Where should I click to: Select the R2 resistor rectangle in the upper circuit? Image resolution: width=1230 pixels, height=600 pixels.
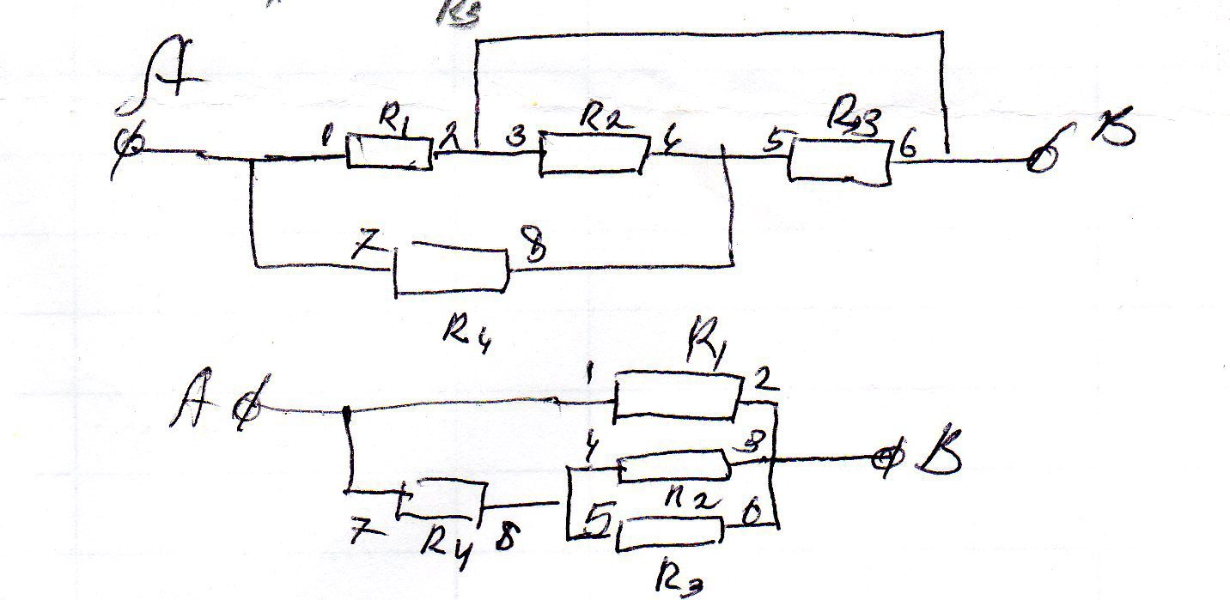(x=591, y=155)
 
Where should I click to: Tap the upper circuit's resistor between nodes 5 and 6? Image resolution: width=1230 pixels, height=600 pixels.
(x=840, y=161)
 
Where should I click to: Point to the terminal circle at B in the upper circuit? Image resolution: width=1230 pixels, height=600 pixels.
(x=1040, y=159)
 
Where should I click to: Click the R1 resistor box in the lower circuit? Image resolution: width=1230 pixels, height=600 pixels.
(x=677, y=396)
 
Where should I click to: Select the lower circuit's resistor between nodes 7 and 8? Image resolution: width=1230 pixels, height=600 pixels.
(x=441, y=500)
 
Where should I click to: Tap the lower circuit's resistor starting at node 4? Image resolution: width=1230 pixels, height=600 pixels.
(x=673, y=466)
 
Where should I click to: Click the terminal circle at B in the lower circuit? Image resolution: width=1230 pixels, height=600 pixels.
(x=884, y=459)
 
